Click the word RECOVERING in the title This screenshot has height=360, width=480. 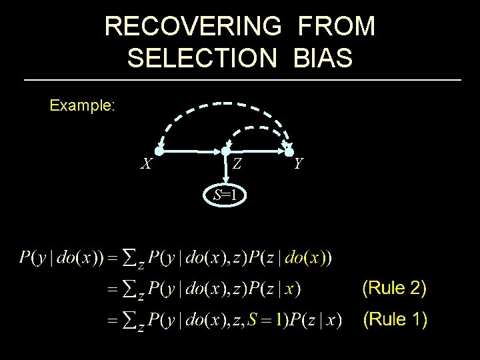coord(193,27)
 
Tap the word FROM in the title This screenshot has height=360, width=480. coord(337,27)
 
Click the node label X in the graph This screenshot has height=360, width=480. coord(146,164)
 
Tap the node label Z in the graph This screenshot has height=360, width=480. coord(237,163)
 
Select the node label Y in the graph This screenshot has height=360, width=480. coord(299,163)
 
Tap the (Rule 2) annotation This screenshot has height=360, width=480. coord(393,288)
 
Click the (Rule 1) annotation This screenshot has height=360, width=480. coord(393,320)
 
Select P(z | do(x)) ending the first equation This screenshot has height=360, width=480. coord(293,257)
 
